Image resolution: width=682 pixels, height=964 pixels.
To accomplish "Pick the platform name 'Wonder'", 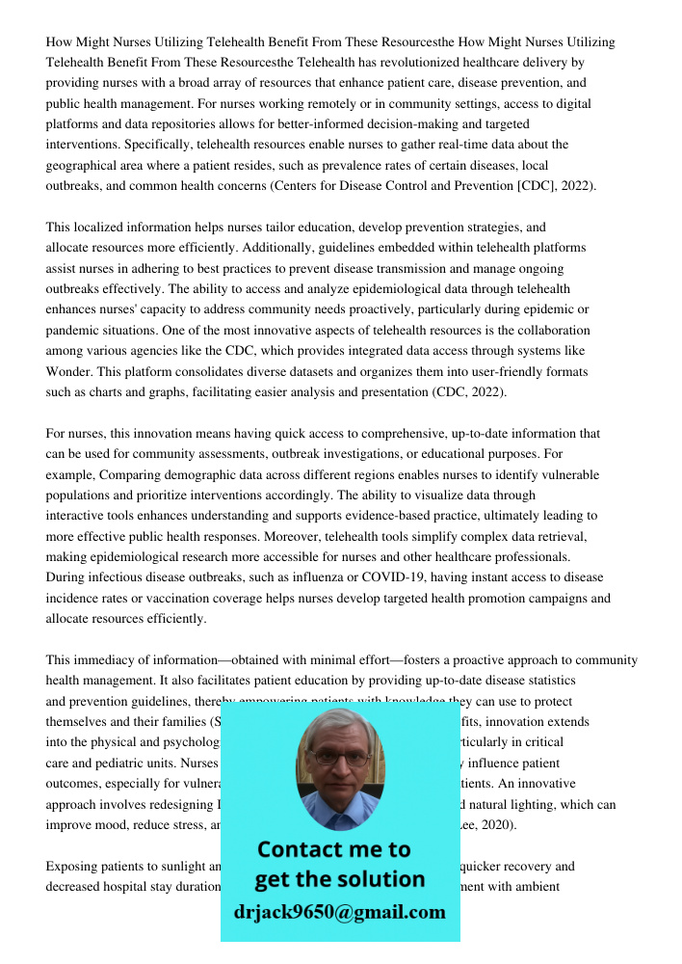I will pos(68,371).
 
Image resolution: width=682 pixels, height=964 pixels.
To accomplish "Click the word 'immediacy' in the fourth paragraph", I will pos(103,660).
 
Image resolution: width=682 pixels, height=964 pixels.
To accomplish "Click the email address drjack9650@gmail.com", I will pos(340,912).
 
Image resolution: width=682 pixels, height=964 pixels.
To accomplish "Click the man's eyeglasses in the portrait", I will pos(338,758).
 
